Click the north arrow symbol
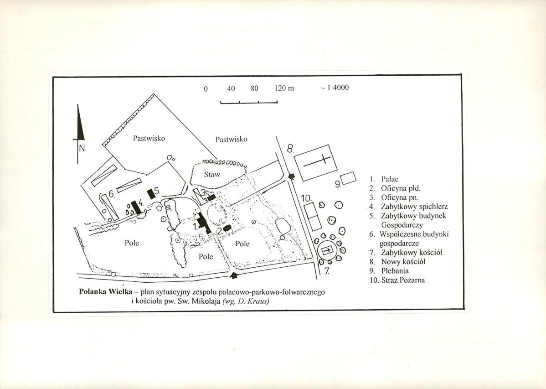coord(80,134)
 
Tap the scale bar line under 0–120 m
coord(249,102)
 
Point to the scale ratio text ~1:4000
coord(334,88)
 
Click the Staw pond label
coord(212,174)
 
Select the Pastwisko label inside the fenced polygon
coord(149,138)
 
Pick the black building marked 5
coord(151,194)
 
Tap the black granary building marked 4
coord(137,207)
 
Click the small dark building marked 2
coord(227,228)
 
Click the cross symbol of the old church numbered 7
coord(328,250)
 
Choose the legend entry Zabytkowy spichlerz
coord(409,207)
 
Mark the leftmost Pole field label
coord(132,243)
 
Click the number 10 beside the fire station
coord(306,198)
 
